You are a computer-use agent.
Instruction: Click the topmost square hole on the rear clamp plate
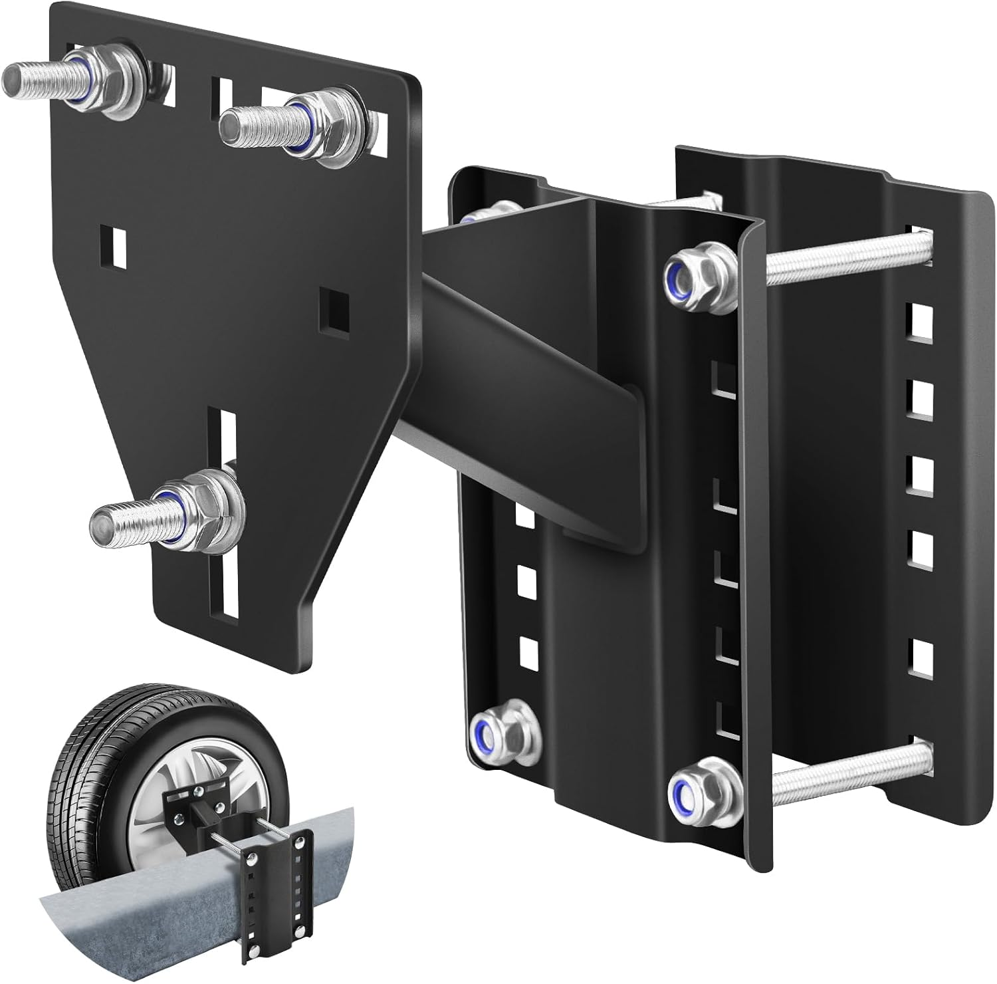[x=920, y=318]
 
